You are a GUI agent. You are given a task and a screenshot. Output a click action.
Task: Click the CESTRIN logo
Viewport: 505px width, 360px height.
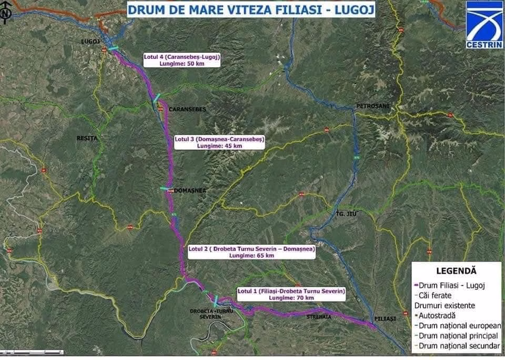(484, 25)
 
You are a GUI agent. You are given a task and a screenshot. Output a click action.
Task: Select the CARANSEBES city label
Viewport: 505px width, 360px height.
(187, 109)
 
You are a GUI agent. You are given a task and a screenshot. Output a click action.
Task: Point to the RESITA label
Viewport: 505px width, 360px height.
(87, 138)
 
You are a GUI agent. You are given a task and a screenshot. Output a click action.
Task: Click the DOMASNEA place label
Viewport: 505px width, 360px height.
(189, 190)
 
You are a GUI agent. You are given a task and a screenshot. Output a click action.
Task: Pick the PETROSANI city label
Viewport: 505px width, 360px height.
(372, 106)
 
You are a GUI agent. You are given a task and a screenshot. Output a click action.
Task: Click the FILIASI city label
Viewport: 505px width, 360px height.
(385, 319)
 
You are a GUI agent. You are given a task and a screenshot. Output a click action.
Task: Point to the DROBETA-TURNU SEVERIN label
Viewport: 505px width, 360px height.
(212, 314)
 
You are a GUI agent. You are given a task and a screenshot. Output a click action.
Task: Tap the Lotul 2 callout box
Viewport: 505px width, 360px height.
(251, 252)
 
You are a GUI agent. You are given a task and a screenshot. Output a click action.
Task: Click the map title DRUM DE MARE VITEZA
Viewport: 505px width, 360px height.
(250, 10)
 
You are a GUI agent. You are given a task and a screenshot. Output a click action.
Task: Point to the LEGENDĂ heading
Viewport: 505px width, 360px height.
(456, 271)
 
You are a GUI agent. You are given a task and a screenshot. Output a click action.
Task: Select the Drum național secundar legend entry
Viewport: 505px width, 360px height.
(456, 346)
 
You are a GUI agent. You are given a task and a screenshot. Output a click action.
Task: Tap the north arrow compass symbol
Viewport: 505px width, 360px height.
(5, 14)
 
